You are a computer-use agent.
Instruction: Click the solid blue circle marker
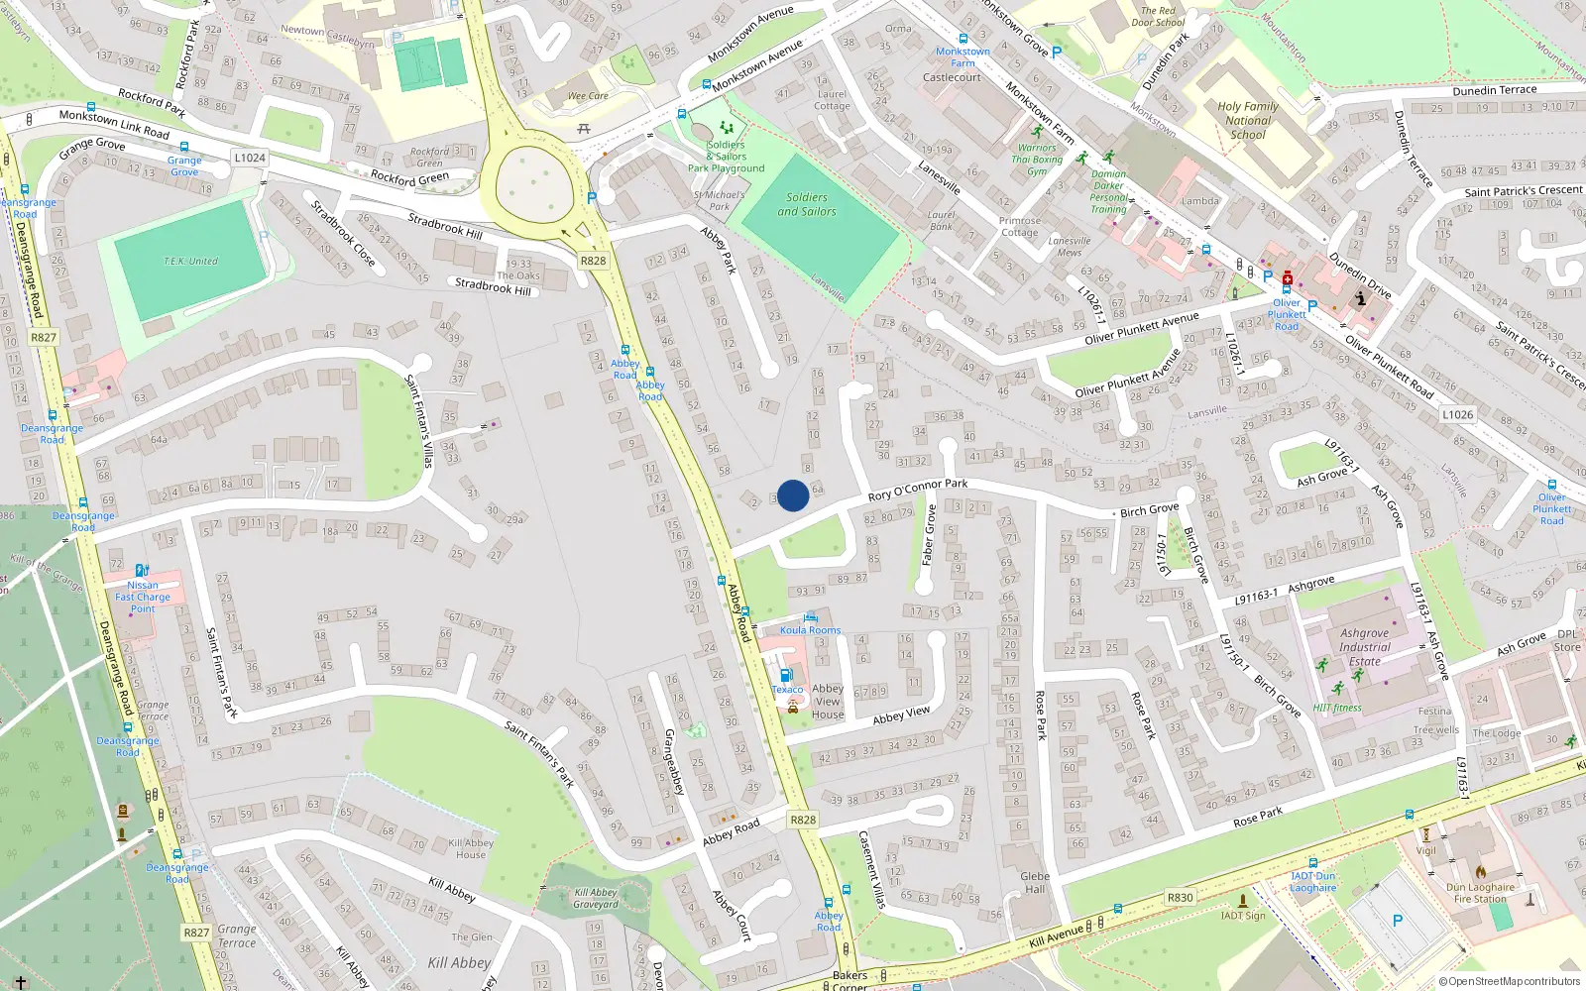click(793, 495)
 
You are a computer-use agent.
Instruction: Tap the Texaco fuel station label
click(787, 690)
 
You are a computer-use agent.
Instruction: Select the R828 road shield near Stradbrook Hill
click(593, 261)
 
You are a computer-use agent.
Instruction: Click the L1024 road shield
click(250, 158)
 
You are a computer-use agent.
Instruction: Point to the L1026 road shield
click(1457, 414)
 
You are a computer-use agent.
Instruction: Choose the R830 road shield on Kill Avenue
click(1180, 898)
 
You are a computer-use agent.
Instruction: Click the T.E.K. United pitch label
click(190, 262)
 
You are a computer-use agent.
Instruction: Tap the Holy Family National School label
click(1248, 121)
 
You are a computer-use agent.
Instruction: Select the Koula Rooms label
click(810, 630)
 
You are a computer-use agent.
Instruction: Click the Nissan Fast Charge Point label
click(143, 597)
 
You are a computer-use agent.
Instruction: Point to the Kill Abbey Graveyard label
click(596, 898)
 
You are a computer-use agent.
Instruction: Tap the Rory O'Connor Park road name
click(917, 490)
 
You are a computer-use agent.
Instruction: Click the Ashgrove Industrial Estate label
click(1365, 647)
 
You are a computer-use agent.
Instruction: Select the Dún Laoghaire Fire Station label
click(1480, 893)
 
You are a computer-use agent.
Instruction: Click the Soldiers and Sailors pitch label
click(806, 204)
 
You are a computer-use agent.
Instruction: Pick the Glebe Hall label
click(1035, 882)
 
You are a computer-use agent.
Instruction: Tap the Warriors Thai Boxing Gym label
click(1037, 160)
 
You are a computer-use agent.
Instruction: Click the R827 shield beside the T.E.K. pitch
click(44, 337)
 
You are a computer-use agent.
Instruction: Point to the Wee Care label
click(588, 96)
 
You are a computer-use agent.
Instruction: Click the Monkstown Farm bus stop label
click(963, 57)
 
